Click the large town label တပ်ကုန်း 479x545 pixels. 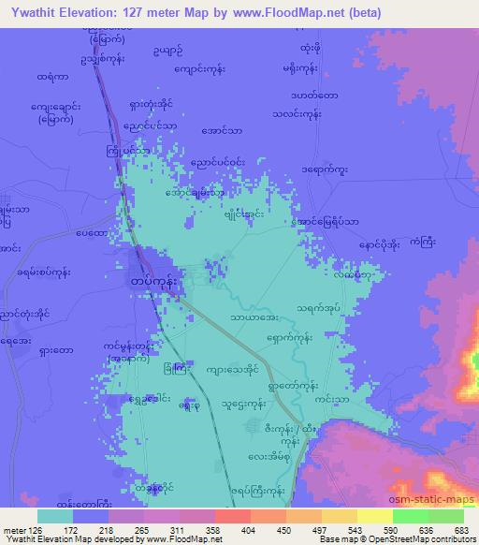tap(151, 280)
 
